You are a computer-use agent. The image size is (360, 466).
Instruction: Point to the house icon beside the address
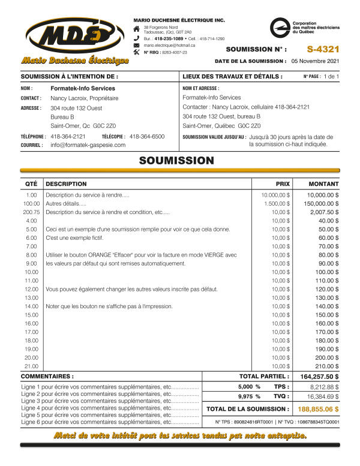click(137, 29)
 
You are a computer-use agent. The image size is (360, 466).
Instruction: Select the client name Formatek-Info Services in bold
click(83, 88)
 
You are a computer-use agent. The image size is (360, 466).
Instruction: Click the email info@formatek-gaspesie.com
click(88, 145)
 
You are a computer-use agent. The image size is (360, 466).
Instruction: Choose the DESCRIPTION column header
click(66, 184)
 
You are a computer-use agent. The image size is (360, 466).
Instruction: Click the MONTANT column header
click(323, 184)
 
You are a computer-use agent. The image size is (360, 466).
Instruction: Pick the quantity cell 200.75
click(31, 212)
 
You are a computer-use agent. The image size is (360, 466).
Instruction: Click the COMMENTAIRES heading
click(47, 377)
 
